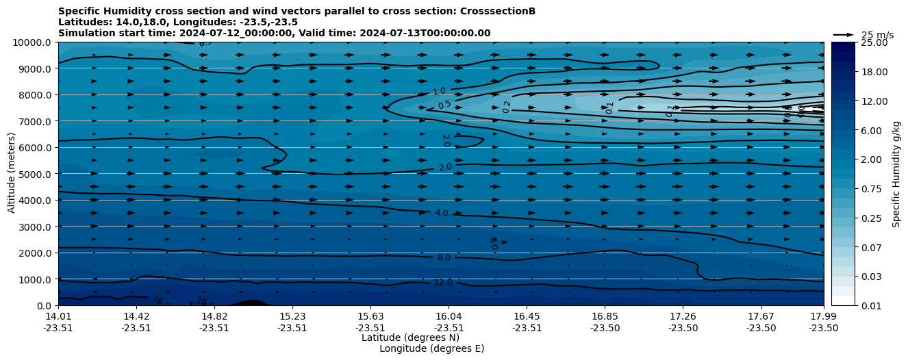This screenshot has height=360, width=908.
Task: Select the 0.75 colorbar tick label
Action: (871, 188)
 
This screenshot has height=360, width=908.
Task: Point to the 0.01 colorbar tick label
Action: (871, 305)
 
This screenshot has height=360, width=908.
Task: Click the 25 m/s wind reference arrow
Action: (843, 34)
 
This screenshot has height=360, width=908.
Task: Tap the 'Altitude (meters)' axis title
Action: (12, 174)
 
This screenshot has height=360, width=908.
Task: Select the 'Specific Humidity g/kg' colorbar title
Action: (896, 174)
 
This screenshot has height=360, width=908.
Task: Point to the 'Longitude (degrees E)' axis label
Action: (431, 348)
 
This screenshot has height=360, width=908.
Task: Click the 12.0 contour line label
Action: (443, 283)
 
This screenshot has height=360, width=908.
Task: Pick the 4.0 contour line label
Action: (441, 213)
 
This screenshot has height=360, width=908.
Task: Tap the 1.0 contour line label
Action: (439, 92)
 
